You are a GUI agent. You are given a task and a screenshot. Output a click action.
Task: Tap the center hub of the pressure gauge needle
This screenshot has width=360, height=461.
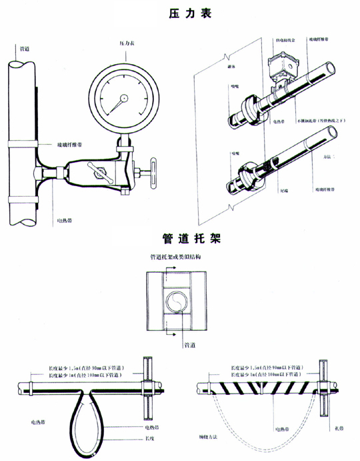(x=122, y=99)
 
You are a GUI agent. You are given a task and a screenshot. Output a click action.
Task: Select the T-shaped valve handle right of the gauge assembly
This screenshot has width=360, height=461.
(x=154, y=171)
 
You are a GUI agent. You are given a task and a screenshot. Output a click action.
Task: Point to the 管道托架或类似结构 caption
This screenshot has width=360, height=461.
(x=176, y=256)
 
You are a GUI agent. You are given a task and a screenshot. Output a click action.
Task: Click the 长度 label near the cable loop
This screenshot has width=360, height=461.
(x=151, y=438)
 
